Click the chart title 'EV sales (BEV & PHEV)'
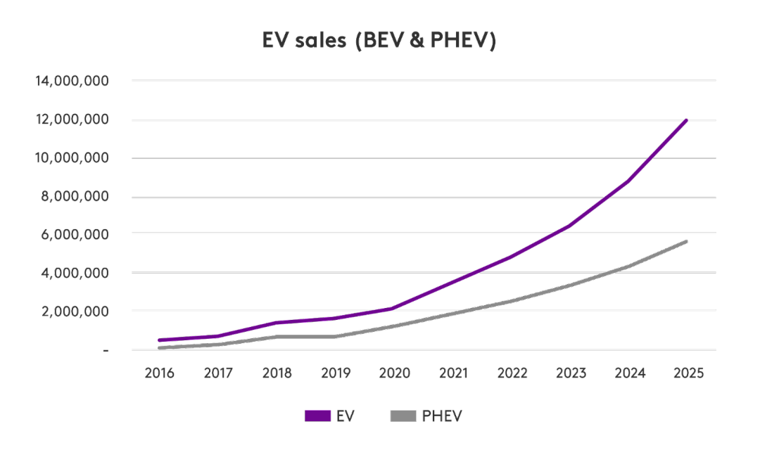379,41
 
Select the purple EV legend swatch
317,416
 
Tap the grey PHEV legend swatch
403,416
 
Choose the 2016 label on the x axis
160,373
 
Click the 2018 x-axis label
277,373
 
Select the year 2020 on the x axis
395,373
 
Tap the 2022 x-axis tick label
512,373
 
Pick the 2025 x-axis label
688,373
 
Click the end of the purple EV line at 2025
687,120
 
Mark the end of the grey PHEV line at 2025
687,242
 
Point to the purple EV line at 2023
570,225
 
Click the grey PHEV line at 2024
629,266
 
